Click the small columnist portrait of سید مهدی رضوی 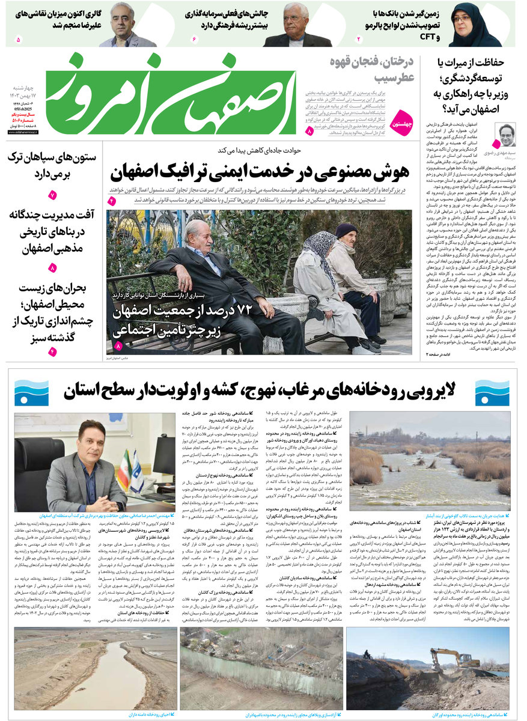506,135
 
